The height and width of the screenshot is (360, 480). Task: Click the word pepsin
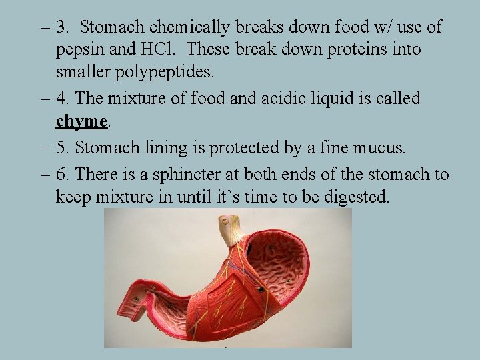(78, 51)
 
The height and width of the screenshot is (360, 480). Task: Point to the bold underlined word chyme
(81, 121)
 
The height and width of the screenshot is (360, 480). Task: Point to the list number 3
(63, 28)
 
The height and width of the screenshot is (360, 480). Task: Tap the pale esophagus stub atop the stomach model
(230, 231)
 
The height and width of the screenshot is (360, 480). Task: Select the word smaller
(81, 72)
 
